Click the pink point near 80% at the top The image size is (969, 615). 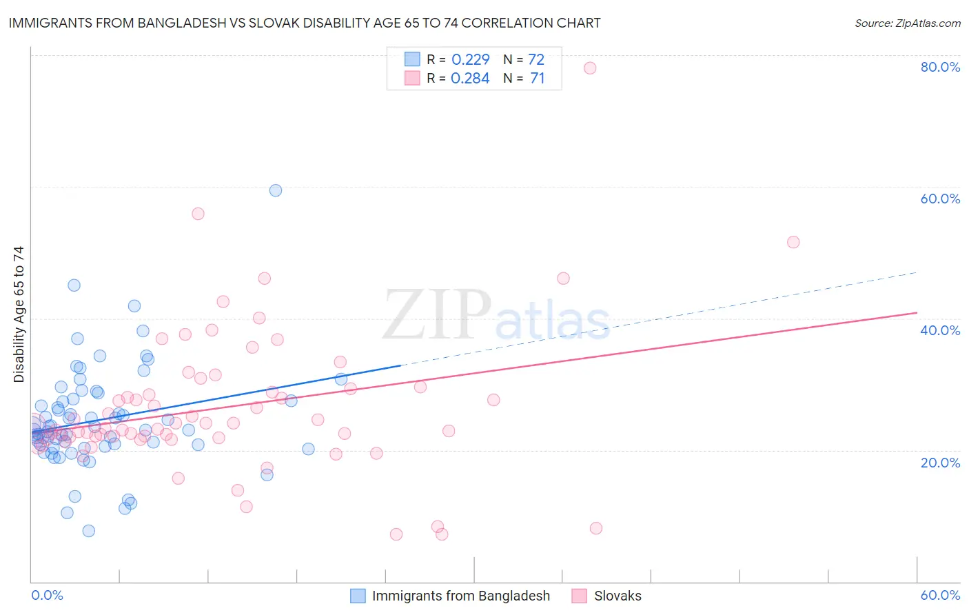[x=590, y=68]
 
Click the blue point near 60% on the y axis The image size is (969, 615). [x=276, y=190]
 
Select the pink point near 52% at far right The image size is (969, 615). [x=793, y=242]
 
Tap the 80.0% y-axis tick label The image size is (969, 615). [x=940, y=67]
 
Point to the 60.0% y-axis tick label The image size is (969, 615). [x=940, y=199]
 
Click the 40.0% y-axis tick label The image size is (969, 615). [x=940, y=330]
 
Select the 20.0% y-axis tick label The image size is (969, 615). [x=940, y=463]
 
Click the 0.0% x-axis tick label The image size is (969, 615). [x=47, y=596]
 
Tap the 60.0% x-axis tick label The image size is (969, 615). [x=940, y=596]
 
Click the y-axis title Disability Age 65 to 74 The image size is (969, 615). [x=19, y=314]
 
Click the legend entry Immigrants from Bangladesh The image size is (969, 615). [x=460, y=596]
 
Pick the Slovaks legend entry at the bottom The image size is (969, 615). [x=618, y=596]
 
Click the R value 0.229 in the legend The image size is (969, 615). [x=470, y=59]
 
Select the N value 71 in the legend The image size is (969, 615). [x=538, y=79]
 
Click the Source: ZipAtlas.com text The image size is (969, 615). [x=907, y=23]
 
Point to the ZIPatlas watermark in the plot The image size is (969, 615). [x=496, y=315]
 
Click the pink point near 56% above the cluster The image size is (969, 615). [x=198, y=214]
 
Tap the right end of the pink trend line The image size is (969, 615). [x=917, y=312]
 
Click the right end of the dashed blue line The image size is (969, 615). [x=917, y=272]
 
